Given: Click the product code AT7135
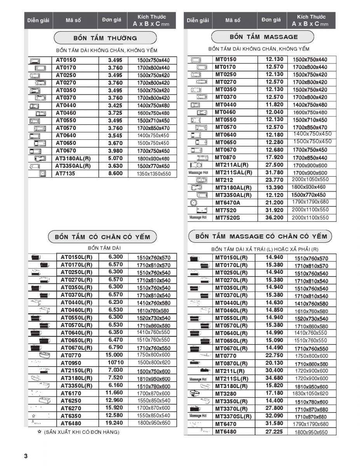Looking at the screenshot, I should pyautogui.click(x=66, y=174).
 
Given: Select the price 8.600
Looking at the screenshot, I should pyautogui.click(x=115, y=174).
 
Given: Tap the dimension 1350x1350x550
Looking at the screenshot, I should pyautogui.click(x=153, y=174).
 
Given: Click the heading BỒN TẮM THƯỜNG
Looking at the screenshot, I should pyautogui.click(x=105, y=38).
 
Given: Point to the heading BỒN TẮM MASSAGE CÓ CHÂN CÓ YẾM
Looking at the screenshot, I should pyautogui.click(x=261, y=236).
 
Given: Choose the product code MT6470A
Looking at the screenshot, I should pyautogui.click(x=228, y=202).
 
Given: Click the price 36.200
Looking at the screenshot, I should pyautogui.click(x=274, y=217).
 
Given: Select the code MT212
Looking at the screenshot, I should pyautogui.click(x=224, y=180).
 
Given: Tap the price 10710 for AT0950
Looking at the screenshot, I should pyautogui.click(x=115, y=362).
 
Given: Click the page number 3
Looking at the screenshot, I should pyautogui.click(x=26, y=456).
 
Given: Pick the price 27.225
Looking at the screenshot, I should pyautogui.click(x=274, y=431).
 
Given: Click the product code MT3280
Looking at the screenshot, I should pyautogui.click(x=226, y=393).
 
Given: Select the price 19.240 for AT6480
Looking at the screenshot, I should pyautogui.click(x=114, y=423).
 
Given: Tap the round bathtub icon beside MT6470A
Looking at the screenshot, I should pyautogui.click(x=194, y=202).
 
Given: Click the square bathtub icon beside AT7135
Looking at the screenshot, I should pyautogui.click(x=42, y=174).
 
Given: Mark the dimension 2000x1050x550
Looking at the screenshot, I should pyautogui.click(x=310, y=180).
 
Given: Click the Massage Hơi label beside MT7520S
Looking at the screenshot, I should pyautogui.click(x=198, y=217).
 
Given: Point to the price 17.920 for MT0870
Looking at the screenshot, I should pyautogui.click(x=274, y=157).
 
